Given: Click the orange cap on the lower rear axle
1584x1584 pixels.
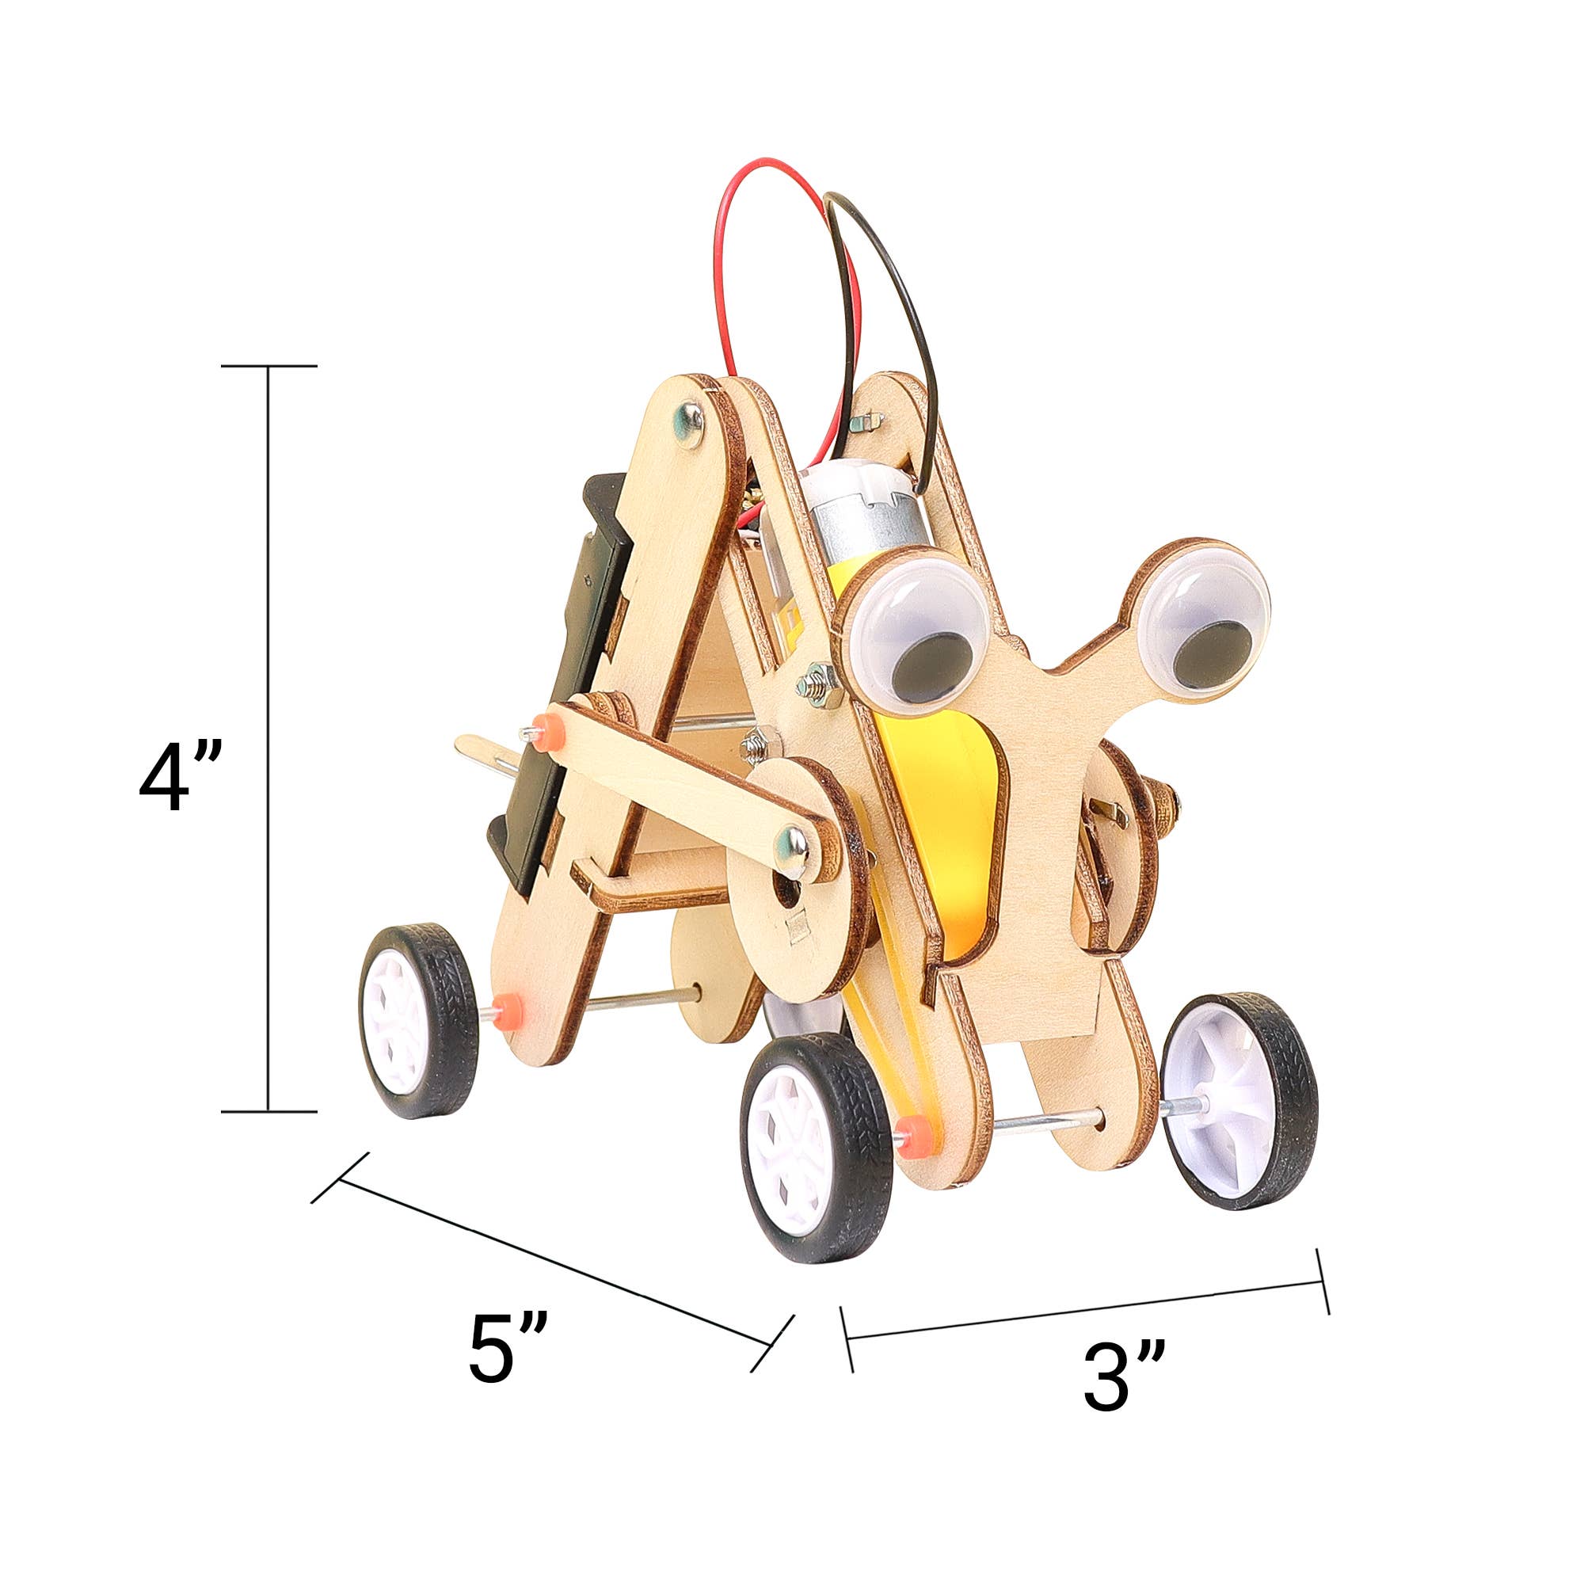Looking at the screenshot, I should click(x=508, y=1006).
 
